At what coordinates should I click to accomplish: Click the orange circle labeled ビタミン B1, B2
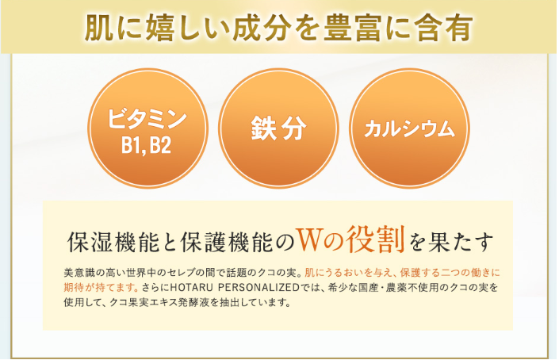coord(147,128)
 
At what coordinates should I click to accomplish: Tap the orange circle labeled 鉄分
coord(278,128)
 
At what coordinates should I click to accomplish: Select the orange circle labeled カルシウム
coord(409,128)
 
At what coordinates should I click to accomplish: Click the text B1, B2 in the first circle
coord(146,146)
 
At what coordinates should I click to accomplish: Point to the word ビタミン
coord(147,119)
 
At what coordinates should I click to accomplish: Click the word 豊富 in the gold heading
coord(352,29)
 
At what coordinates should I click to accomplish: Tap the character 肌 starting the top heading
coord(99,29)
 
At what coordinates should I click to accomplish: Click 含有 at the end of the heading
coord(443,29)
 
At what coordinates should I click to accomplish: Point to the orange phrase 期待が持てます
coord(101,287)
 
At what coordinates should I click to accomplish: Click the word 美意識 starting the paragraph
coord(78,273)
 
